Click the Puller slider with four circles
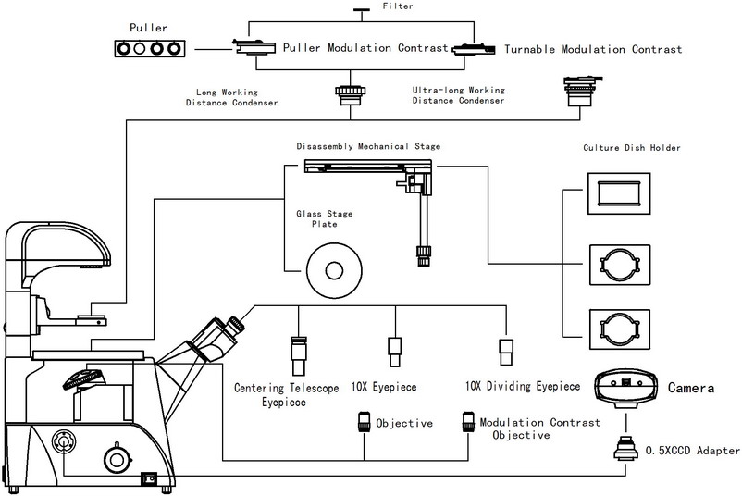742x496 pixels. tap(150, 48)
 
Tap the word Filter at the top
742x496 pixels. tap(398, 6)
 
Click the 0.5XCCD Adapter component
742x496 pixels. tap(625, 448)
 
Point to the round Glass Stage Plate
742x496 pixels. tap(335, 271)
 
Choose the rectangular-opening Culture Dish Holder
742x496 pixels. tap(619, 193)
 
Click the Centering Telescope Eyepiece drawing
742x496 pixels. tap(299, 356)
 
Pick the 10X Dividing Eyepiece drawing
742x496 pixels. tap(506, 353)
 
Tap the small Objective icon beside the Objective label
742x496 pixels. tap(364, 422)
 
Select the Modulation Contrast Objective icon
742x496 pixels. tap(468, 422)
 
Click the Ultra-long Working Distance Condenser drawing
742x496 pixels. tap(581, 92)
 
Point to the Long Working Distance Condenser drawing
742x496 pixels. tap(350, 95)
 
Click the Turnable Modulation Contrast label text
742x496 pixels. tap(593, 49)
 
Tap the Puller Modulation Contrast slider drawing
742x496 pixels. tap(254, 47)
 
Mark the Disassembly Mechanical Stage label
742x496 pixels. tap(368, 146)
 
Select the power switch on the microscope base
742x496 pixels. tap(149, 478)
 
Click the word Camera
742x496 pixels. tap(691, 388)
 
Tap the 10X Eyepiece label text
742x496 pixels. tap(384, 387)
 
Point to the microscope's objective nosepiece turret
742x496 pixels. tap(83, 378)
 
